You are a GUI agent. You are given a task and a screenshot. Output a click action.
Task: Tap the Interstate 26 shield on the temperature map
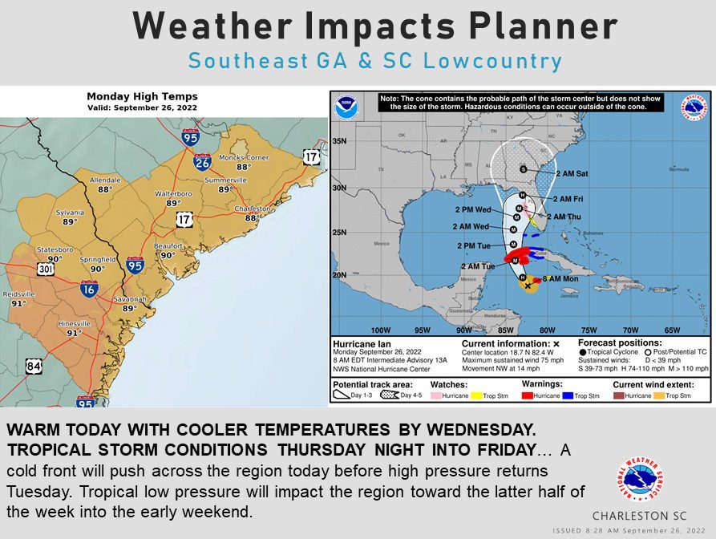(202, 163)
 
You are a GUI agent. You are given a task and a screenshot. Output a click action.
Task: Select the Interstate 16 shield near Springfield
(89, 289)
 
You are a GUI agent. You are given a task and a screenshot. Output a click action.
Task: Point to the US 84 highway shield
(34, 367)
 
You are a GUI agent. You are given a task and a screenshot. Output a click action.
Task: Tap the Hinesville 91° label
(74, 328)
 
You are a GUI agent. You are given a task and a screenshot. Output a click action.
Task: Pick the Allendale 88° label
(105, 184)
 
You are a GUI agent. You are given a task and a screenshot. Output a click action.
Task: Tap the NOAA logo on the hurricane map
(346, 104)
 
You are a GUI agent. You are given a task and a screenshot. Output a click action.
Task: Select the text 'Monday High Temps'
(142, 96)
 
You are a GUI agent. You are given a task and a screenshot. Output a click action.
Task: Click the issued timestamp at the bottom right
(629, 530)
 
